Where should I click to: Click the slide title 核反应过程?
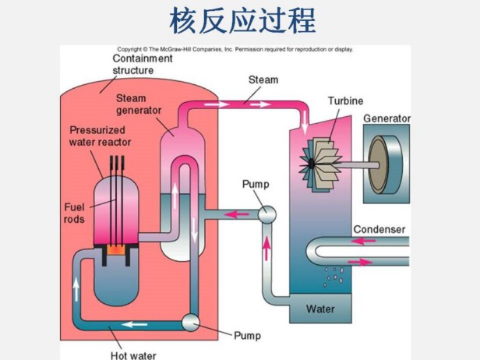tap(242, 21)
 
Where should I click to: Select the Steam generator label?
tap(139, 104)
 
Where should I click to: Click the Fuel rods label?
tap(77, 214)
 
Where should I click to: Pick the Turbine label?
tap(344, 101)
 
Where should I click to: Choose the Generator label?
tap(386, 118)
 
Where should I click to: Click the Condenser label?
tap(379, 229)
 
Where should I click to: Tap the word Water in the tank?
tap(320, 309)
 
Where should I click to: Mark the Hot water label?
tap(132, 355)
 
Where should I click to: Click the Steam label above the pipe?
tap(263, 79)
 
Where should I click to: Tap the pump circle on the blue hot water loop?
tap(189, 321)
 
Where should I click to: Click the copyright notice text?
tap(235, 48)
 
